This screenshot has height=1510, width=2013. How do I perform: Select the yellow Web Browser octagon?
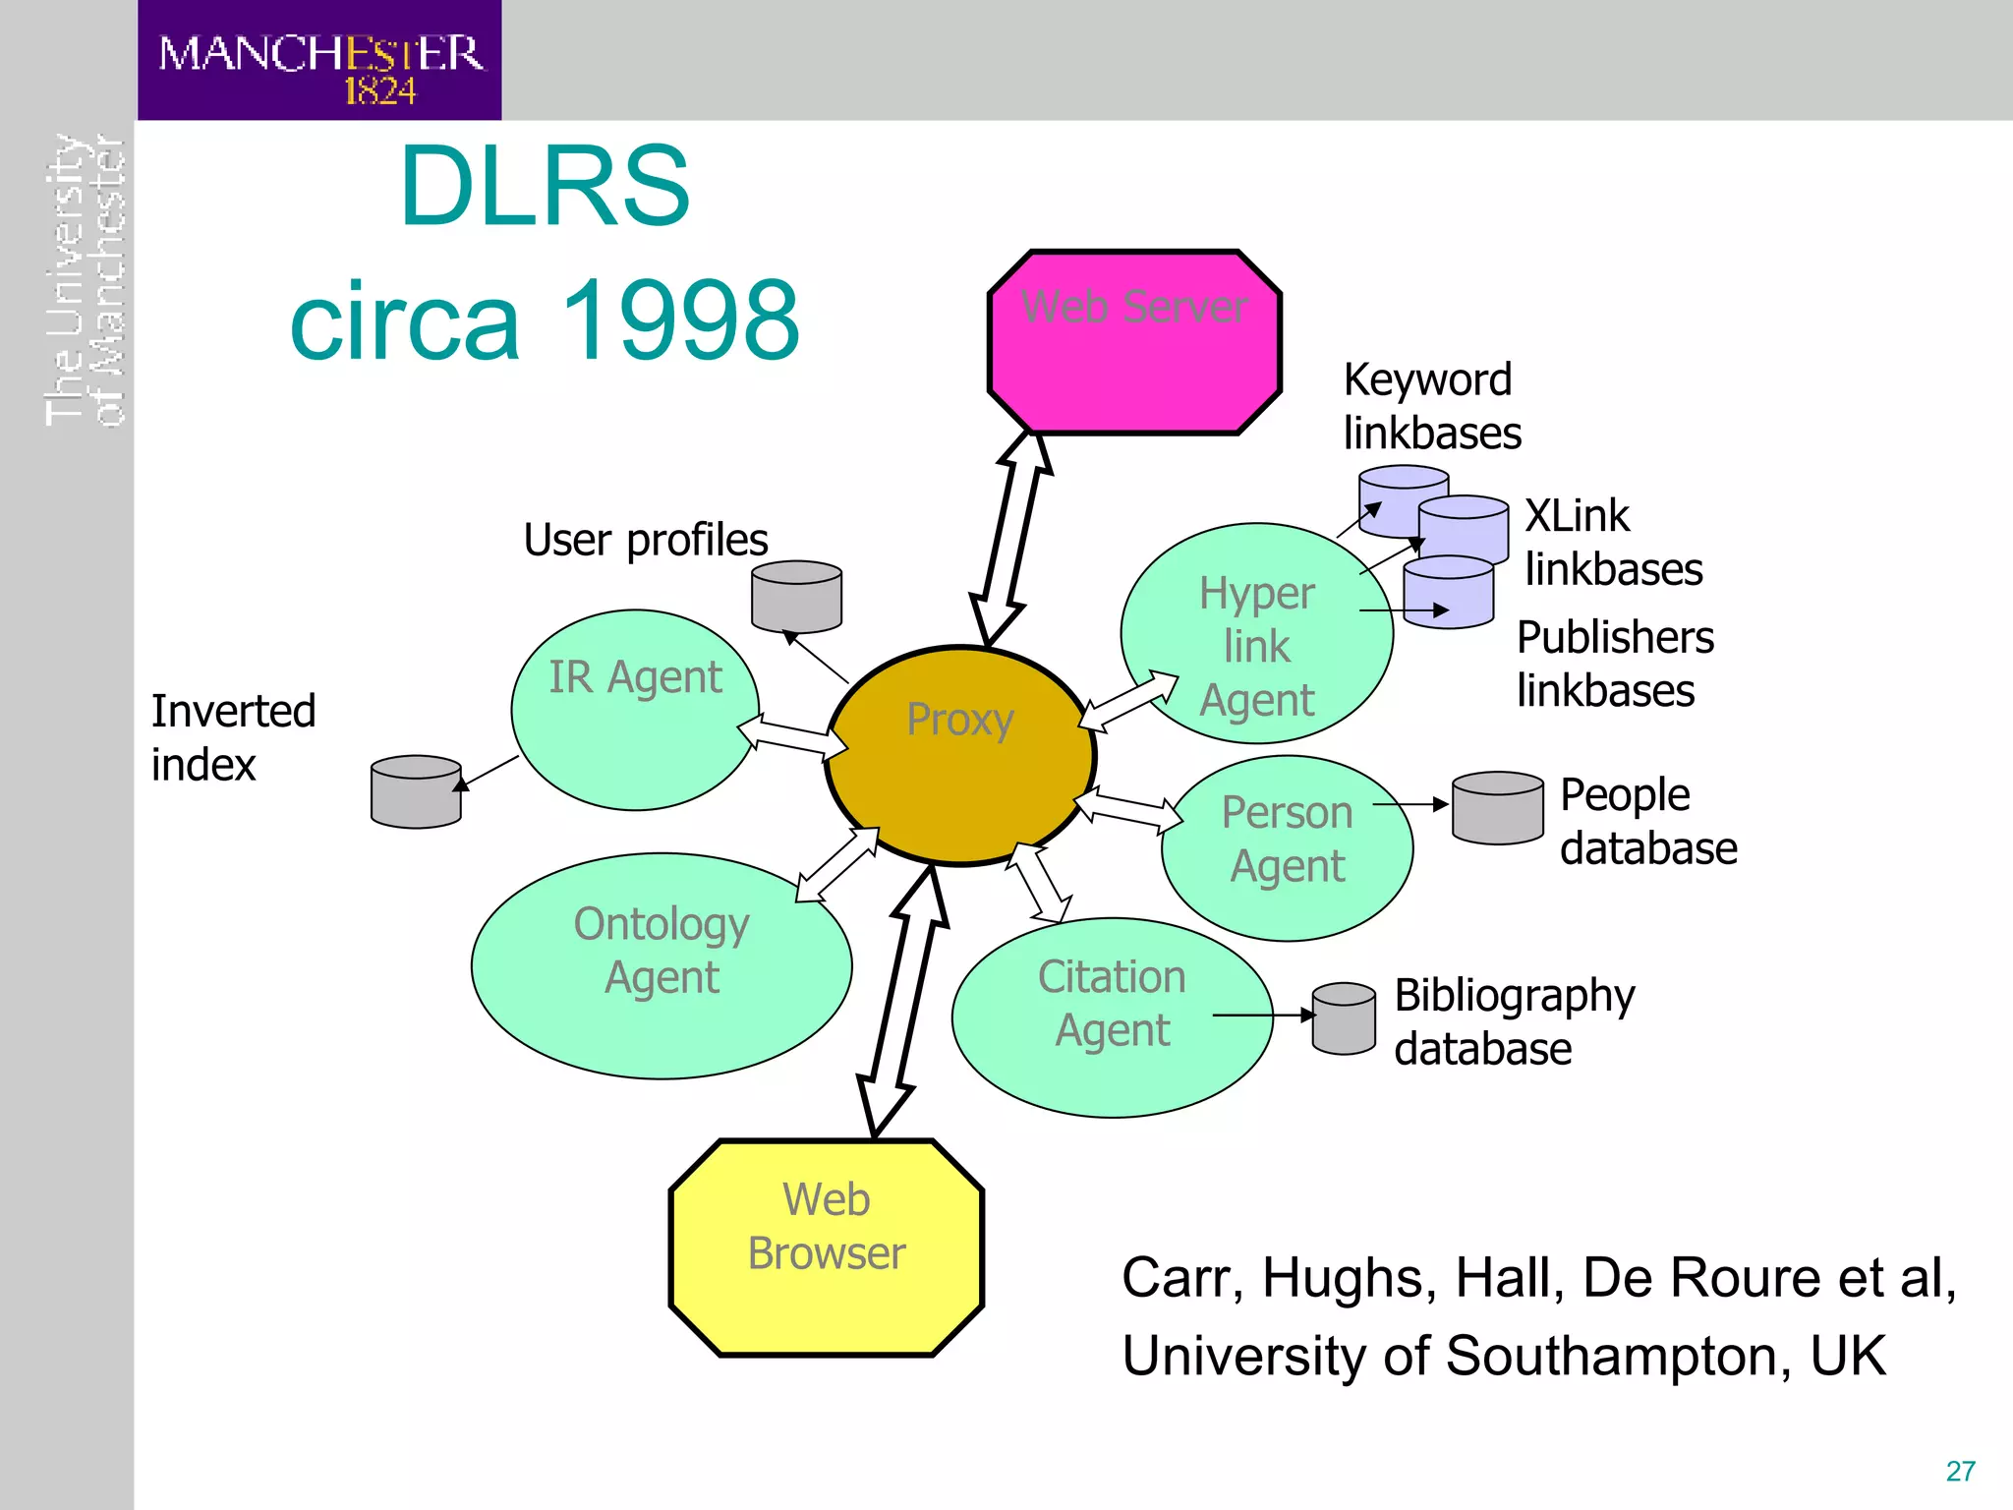tap(826, 1249)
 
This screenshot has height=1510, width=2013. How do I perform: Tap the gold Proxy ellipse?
tap(959, 757)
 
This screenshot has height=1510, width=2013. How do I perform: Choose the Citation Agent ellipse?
tap(1111, 1017)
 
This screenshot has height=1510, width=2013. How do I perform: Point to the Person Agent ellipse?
tap(1287, 847)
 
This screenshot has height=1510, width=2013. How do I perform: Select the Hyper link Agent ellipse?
tap(1256, 634)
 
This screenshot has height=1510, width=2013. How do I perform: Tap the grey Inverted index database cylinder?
tap(416, 791)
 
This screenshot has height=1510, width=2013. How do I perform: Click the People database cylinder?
tap(1497, 808)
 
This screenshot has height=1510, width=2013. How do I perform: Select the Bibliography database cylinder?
tap(1344, 1018)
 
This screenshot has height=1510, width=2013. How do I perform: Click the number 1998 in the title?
tap(680, 319)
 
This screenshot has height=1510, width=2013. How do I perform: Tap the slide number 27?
tap(1960, 1471)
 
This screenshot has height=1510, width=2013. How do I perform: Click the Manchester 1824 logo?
tap(319, 61)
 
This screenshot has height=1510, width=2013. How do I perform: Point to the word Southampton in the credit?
tap(1613, 1356)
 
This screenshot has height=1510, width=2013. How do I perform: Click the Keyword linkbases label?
tap(1431, 406)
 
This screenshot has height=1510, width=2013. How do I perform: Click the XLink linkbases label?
tap(1613, 543)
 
